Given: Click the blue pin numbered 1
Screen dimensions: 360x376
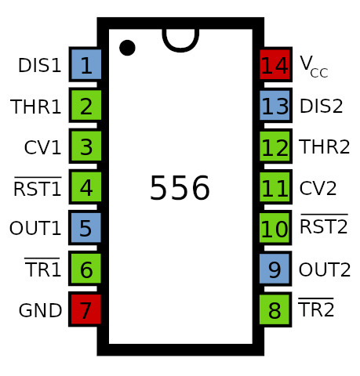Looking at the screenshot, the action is pos(85,64).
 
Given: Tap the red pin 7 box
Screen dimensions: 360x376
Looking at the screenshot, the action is pos(85,309).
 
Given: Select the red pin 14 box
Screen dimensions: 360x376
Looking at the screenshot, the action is pos(275,64).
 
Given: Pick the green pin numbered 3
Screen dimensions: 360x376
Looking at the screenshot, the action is pos(85,146).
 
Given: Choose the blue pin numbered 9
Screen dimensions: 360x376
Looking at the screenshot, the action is pos(275,269).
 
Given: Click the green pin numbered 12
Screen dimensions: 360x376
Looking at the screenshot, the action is pos(275,146).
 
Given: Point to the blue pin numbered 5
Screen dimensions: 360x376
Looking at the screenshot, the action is pos(85,228).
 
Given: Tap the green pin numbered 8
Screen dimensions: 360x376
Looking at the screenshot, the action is pos(275,309).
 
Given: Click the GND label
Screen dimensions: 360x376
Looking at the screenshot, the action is pos(40,310).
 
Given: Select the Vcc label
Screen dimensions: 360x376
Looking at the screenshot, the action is pos(314,67).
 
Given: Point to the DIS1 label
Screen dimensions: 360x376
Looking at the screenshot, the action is pos(39,65).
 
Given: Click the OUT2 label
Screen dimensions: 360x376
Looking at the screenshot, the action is pos(325,269).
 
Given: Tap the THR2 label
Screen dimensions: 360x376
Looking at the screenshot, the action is pos(325,146).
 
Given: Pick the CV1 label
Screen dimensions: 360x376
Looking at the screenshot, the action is pos(42,147).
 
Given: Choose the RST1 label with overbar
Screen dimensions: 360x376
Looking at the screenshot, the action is pos(38,186).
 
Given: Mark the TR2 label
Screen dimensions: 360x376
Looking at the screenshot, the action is pos(316,307).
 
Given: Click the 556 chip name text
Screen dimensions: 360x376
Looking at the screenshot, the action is pos(180,188).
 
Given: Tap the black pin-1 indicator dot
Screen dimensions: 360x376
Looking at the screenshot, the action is pos(127,48).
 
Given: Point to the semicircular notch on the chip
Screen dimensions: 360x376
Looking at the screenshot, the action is pos(180,49).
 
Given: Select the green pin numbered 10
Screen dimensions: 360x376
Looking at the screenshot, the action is pos(275,228).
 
